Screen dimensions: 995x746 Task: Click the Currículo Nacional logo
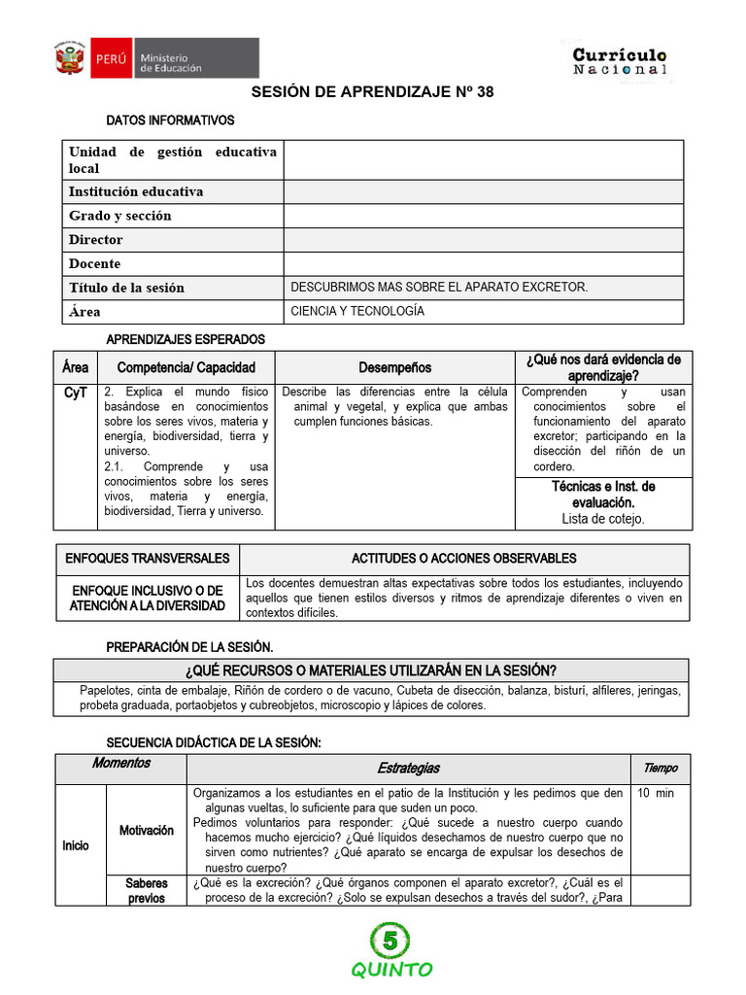click(619, 61)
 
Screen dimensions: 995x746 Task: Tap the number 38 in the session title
click(480, 92)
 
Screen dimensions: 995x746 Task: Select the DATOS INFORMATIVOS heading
click(170, 121)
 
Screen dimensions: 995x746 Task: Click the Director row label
click(96, 239)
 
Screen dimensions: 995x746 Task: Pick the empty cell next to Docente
click(483, 263)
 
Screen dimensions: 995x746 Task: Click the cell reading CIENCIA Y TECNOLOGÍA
click(357, 311)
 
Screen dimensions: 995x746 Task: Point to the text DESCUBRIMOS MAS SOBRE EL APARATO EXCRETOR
click(439, 287)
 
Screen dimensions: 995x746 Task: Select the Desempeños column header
click(394, 367)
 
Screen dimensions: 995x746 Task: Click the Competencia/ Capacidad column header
click(186, 367)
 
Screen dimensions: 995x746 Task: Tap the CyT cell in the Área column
click(75, 393)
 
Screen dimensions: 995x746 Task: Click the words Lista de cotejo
click(603, 519)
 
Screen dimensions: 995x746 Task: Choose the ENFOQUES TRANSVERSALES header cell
click(147, 559)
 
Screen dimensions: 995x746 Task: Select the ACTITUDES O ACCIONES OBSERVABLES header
click(463, 559)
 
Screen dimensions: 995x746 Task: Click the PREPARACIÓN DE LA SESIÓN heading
click(189, 647)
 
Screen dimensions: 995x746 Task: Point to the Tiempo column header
click(661, 768)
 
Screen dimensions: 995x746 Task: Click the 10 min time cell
click(656, 793)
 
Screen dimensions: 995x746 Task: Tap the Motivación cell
click(147, 830)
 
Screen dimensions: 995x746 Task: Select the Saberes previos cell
click(147, 890)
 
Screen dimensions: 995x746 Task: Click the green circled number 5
click(390, 940)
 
